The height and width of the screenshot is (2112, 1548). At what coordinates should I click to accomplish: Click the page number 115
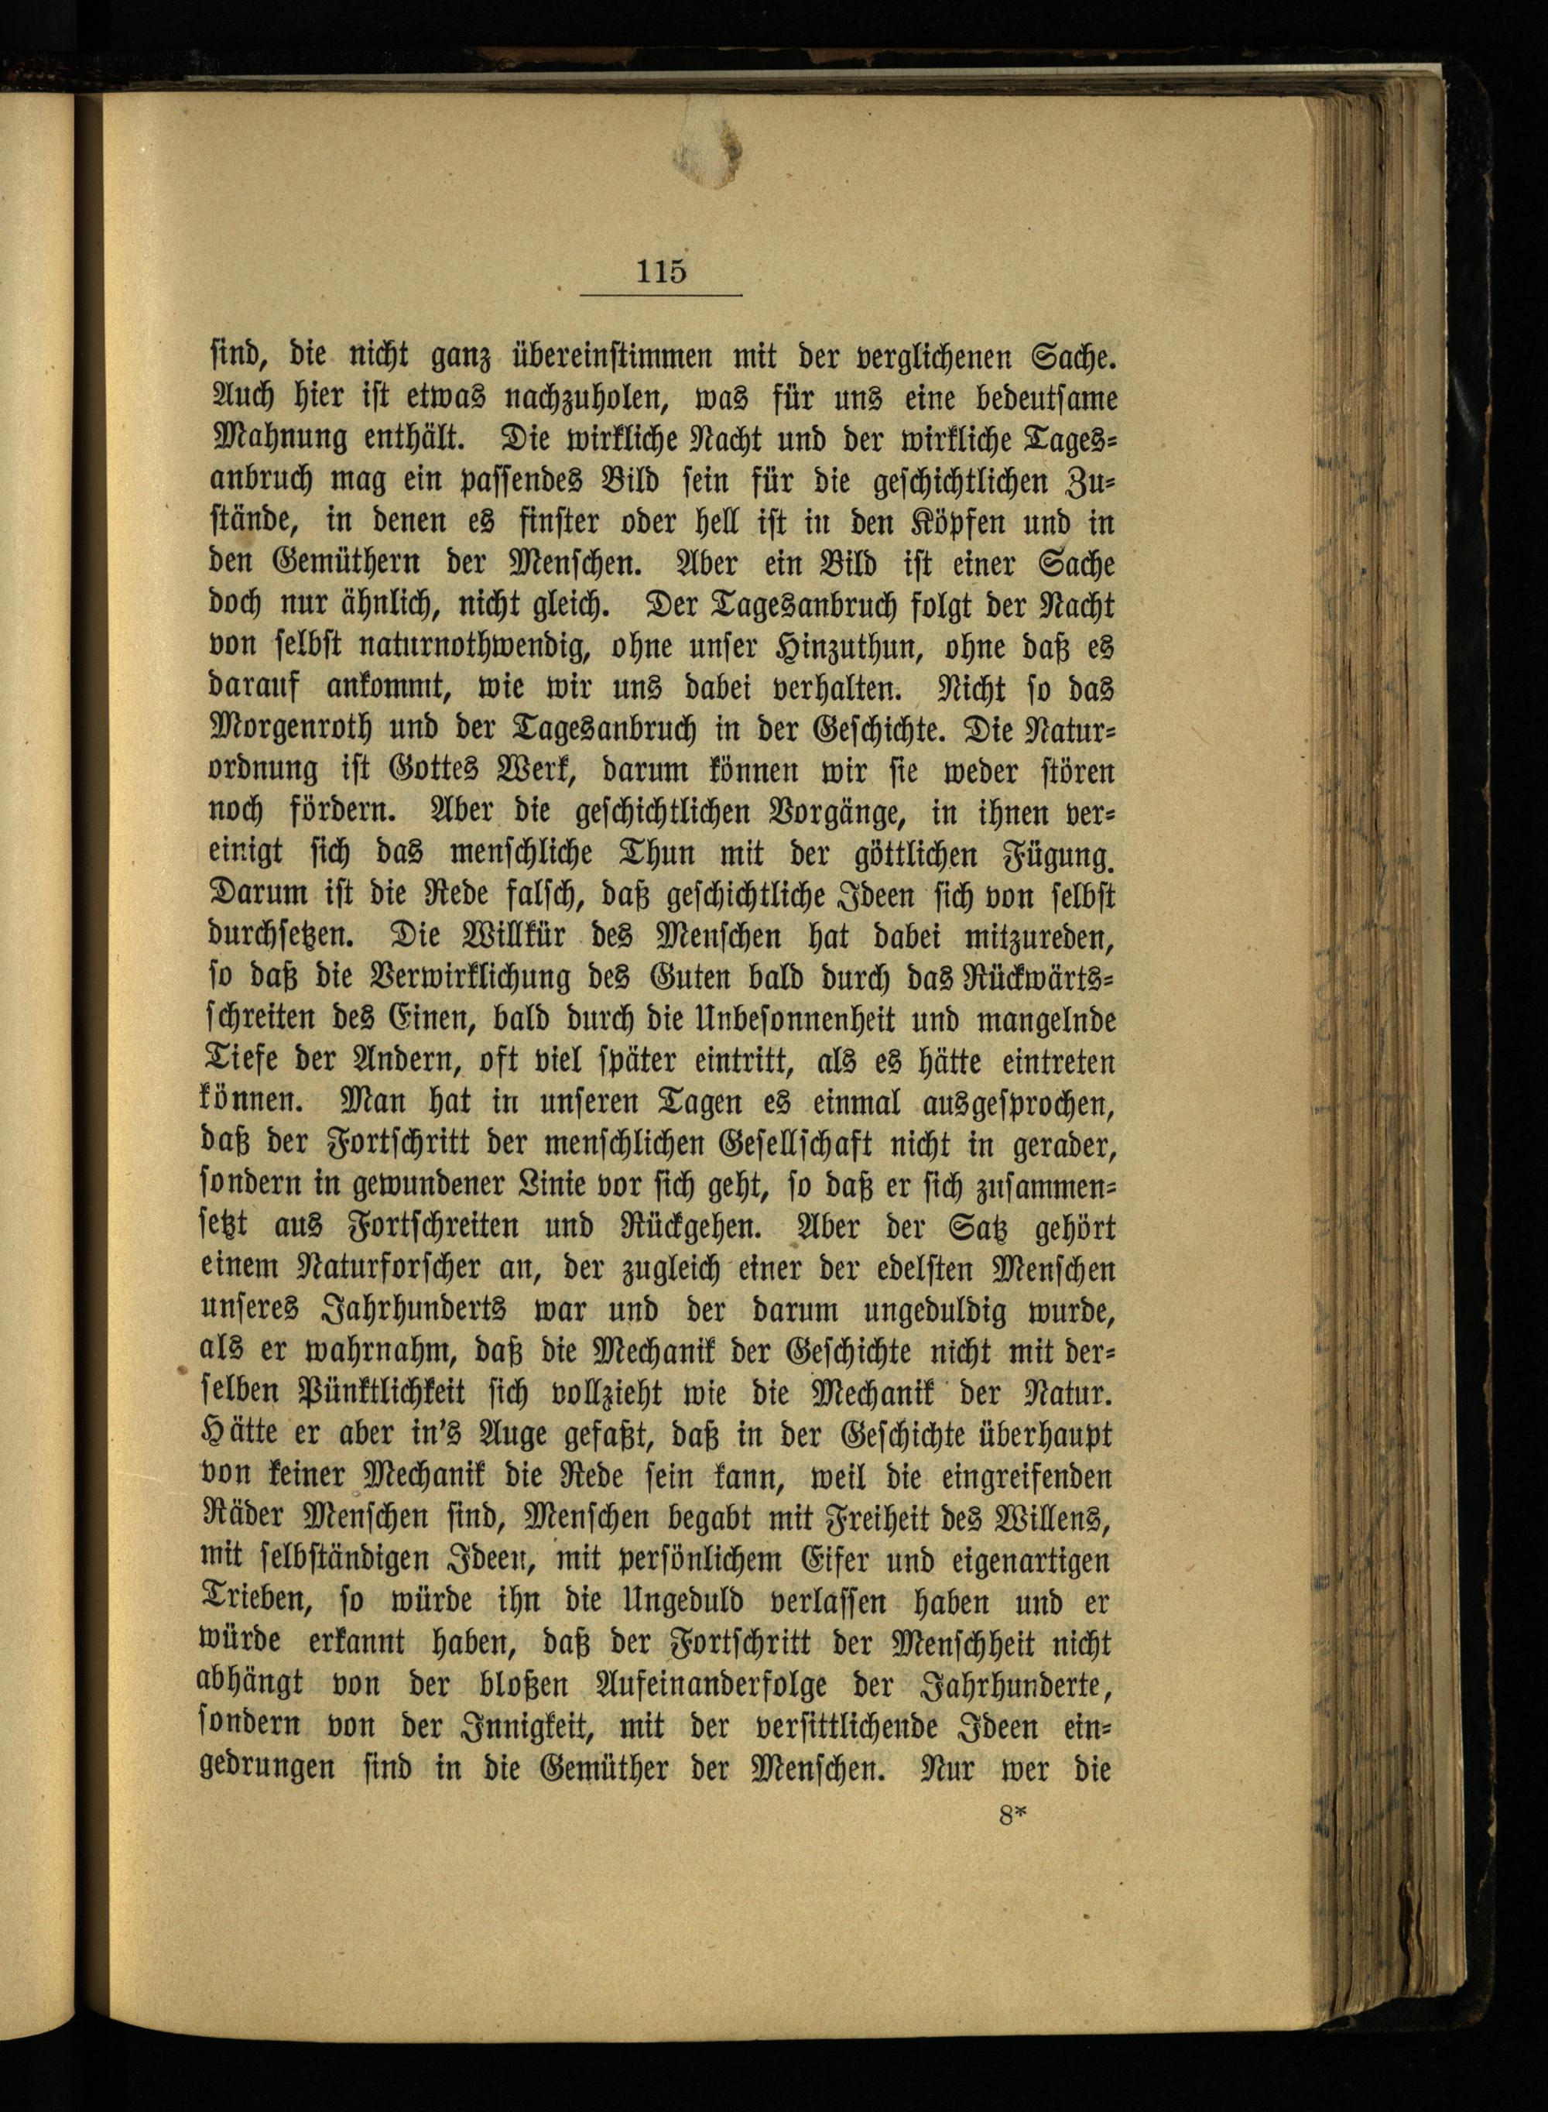[662, 271]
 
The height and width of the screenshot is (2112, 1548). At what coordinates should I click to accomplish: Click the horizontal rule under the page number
[661, 296]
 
